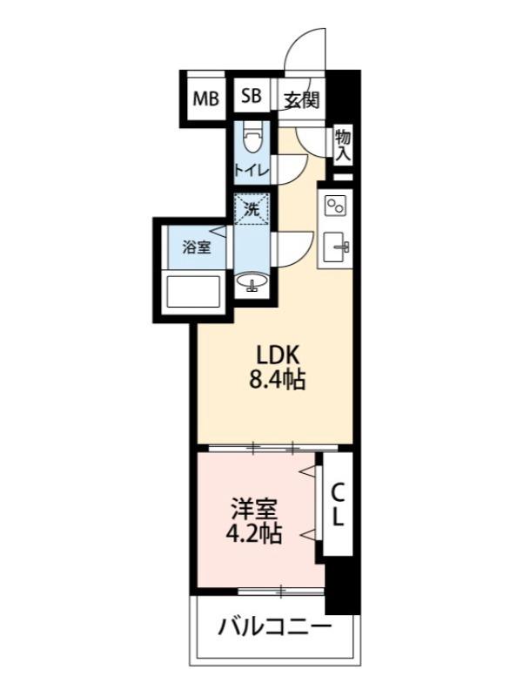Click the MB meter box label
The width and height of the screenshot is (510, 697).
click(x=206, y=98)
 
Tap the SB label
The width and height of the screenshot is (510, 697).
click(x=252, y=97)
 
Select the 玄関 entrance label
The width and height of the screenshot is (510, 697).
click(x=301, y=98)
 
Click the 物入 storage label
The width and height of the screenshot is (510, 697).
click(x=343, y=144)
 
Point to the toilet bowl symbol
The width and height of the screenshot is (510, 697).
click(x=253, y=139)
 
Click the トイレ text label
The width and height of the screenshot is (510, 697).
click(x=252, y=170)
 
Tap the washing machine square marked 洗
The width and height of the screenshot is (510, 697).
click(x=252, y=210)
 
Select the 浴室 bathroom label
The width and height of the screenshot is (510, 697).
click(x=196, y=247)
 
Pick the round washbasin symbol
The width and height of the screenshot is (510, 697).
click(x=252, y=283)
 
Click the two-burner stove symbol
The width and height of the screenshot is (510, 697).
click(x=335, y=206)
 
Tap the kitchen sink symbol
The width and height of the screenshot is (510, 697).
click(x=336, y=248)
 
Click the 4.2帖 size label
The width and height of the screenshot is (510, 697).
click(x=253, y=534)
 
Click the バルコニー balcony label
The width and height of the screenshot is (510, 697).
click(x=275, y=626)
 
